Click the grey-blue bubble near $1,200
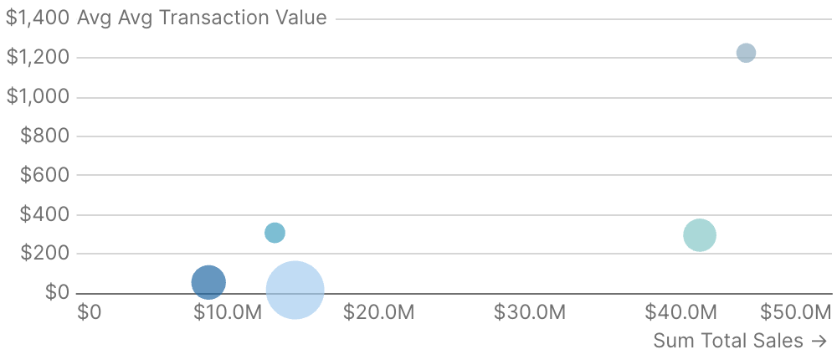(x=746, y=53)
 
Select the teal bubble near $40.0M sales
(x=700, y=235)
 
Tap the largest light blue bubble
(x=295, y=291)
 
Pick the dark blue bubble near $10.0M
(x=208, y=282)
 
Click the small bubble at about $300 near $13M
(x=275, y=233)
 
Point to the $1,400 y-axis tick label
(x=38, y=18)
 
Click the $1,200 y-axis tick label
(x=38, y=57)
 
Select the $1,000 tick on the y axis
(x=38, y=96)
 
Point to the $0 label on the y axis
(x=57, y=292)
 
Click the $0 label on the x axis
(x=89, y=313)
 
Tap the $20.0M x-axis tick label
(x=379, y=313)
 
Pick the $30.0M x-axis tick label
(x=530, y=313)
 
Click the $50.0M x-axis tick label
(x=795, y=313)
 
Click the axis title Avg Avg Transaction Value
(x=202, y=18)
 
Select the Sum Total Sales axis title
(x=740, y=341)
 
